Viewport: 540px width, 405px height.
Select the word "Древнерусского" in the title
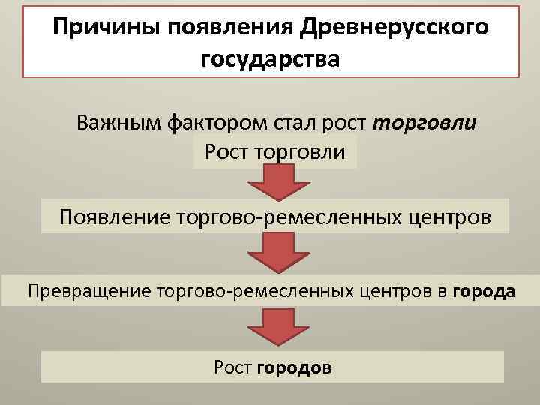point(394,28)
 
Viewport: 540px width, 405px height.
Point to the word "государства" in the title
point(270,58)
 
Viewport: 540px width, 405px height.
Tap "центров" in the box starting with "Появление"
point(457,217)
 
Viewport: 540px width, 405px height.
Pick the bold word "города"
point(484,290)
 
